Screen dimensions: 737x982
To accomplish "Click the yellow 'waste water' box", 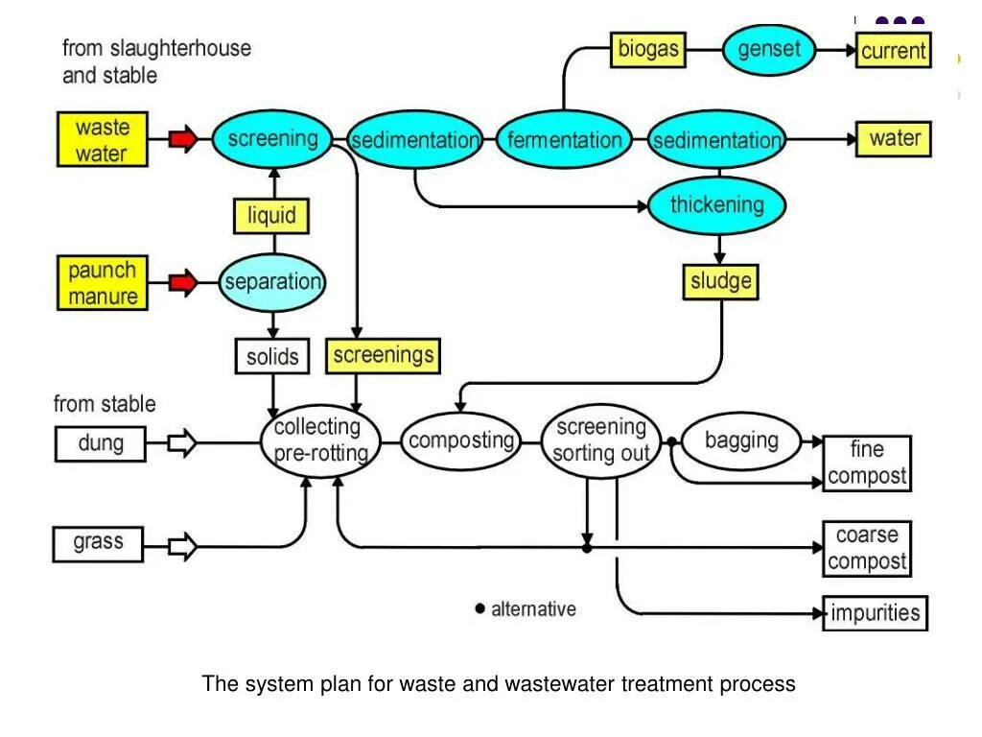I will coord(102,140).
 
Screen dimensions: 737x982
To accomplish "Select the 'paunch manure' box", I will coord(103,283).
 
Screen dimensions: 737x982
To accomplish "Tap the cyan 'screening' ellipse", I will coord(272,139).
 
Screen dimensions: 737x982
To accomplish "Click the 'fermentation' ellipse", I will coord(564,140).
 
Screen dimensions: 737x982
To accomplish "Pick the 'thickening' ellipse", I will coord(716,205).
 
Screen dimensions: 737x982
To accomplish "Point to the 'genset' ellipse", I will coord(769,49).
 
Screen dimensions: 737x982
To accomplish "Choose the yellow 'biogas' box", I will coord(648,49).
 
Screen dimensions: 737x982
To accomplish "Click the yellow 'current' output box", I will coord(893,51).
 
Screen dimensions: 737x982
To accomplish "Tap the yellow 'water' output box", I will coord(894,139).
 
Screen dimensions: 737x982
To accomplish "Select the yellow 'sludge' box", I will coord(721,282).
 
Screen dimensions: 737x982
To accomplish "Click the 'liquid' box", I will coord(271,215).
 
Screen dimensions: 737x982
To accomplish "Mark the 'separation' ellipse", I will coord(272,283).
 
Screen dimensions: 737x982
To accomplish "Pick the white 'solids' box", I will coord(272,357).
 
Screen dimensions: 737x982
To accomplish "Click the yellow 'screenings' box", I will coord(383,356).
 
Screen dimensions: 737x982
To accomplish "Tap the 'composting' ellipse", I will coord(460,441).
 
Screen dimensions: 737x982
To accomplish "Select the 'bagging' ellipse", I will coord(741,441).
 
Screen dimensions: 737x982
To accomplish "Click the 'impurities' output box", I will coord(875,613).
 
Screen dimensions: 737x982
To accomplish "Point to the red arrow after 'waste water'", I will coord(182,139).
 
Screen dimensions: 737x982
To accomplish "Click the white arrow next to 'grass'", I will coord(182,547).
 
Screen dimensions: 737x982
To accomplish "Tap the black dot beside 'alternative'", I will coord(480,608).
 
